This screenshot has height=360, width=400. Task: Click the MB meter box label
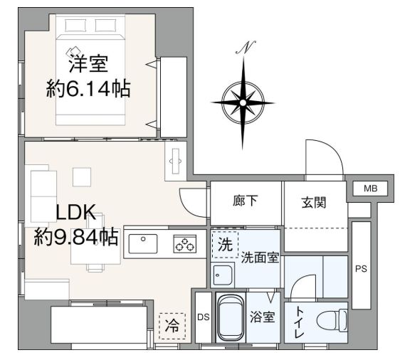coord(370,189)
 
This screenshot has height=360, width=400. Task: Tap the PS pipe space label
coord(362,269)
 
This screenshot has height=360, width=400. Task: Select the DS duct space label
coord(204,317)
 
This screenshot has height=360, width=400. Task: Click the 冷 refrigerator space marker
coord(172,326)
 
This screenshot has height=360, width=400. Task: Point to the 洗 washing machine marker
coord(225,245)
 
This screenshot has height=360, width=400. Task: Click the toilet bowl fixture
coord(332,320)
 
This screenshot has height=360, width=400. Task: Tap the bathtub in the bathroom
coord(231,318)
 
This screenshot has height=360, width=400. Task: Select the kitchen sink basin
coord(143,244)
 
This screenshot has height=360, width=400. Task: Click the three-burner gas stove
coord(185,244)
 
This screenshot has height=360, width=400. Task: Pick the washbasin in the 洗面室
coord(223,275)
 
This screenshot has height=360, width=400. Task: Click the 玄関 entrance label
coord(314,203)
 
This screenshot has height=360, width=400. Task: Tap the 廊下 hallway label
coord(246,201)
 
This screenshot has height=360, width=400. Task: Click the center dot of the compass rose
coord(243,102)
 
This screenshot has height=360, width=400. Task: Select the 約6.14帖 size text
coord(88,89)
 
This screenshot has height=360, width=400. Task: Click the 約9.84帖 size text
coord(76,237)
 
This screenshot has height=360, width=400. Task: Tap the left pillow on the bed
coord(75,25)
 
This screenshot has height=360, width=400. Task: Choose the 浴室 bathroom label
coord(263,317)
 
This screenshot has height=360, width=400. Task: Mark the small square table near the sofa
coord(82,177)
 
